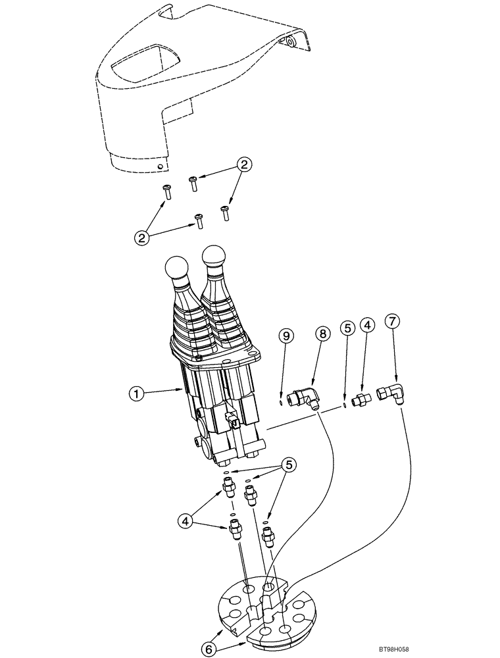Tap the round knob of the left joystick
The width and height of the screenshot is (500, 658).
click(x=176, y=269)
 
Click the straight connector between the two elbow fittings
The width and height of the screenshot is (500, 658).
click(x=361, y=398)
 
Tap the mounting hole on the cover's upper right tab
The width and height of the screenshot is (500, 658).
click(x=289, y=43)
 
